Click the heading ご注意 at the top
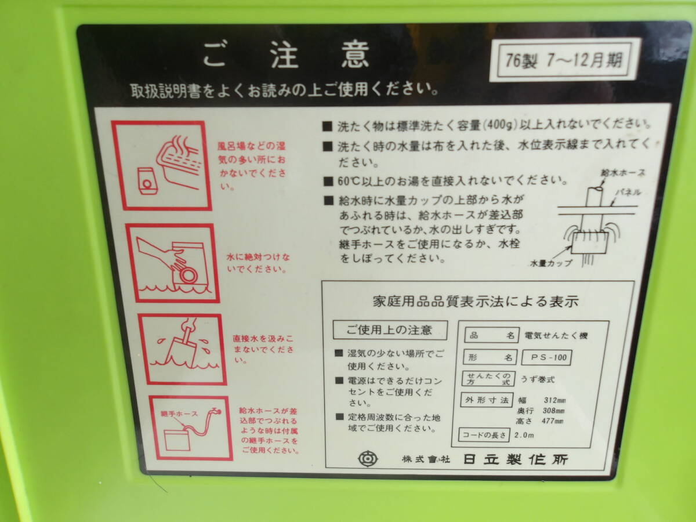[x=286, y=56]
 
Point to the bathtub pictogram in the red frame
[x=161, y=165]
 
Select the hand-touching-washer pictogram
[x=172, y=263]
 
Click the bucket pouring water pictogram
[x=182, y=349]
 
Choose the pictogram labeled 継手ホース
[x=191, y=428]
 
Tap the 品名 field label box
[x=492, y=335]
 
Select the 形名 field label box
[x=490, y=357]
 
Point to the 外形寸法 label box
[x=487, y=400]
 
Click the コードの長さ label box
[x=484, y=435]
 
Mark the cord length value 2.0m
[x=524, y=435]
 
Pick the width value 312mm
[x=555, y=400]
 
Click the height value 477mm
[x=553, y=421]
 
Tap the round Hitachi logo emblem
[x=368, y=459]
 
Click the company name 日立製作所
[x=515, y=459]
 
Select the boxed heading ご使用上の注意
[x=390, y=330]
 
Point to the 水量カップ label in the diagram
[x=551, y=263]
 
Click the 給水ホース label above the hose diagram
[x=623, y=173]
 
